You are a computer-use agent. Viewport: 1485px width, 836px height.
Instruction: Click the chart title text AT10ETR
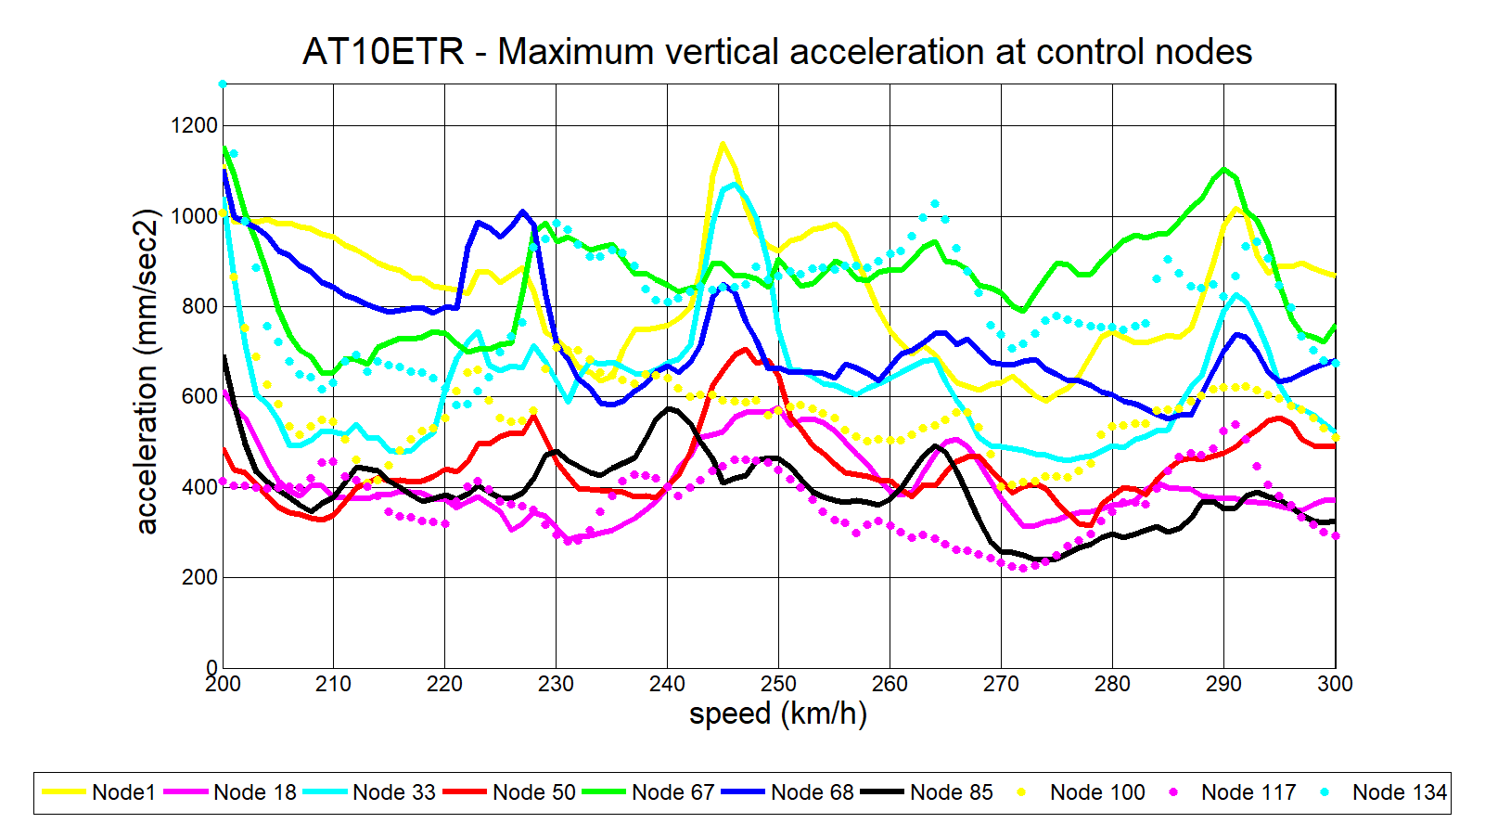click(x=383, y=52)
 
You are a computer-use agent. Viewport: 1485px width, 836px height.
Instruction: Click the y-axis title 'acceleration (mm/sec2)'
click(x=147, y=371)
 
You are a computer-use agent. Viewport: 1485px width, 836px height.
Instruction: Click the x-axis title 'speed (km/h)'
click(x=778, y=714)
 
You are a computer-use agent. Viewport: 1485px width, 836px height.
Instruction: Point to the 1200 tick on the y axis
click(x=194, y=125)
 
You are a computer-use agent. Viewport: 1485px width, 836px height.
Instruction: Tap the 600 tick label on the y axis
click(x=199, y=396)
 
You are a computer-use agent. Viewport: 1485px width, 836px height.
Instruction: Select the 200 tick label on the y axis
click(x=199, y=577)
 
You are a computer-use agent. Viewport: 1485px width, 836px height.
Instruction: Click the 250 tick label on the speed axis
click(x=778, y=685)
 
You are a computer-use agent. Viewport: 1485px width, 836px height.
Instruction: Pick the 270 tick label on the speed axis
click(x=1001, y=685)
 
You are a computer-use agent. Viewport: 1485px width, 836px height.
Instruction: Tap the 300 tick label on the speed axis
click(x=1335, y=685)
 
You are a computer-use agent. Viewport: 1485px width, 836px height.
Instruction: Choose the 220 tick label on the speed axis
click(x=444, y=685)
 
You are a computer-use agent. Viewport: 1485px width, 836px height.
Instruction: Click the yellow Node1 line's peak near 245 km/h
click(x=723, y=144)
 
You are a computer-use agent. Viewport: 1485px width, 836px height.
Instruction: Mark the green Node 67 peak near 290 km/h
click(x=1224, y=169)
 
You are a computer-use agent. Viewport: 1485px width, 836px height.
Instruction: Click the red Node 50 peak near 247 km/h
click(x=745, y=350)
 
